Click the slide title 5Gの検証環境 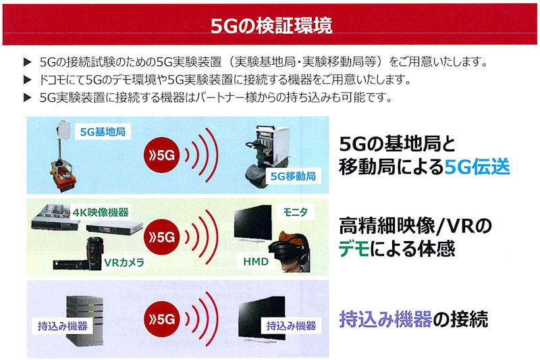(x=271, y=25)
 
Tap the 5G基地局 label (x=103, y=132)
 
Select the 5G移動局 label (x=293, y=176)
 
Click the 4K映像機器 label (x=101, y=212)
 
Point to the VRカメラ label (x=124, y=263)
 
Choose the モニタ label (x=295, y=212)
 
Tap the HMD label (x=256, y=261)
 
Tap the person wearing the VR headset (x=290, y=252)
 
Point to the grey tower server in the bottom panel (x=85, y=321)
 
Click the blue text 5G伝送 (x=477, y=167)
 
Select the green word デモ (x=354, y=249)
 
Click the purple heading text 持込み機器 (x=385, y=319)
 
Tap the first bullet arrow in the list (x=28, y=62)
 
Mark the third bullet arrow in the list (x=28, y=98)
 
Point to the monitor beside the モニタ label (x=252, y=223)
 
